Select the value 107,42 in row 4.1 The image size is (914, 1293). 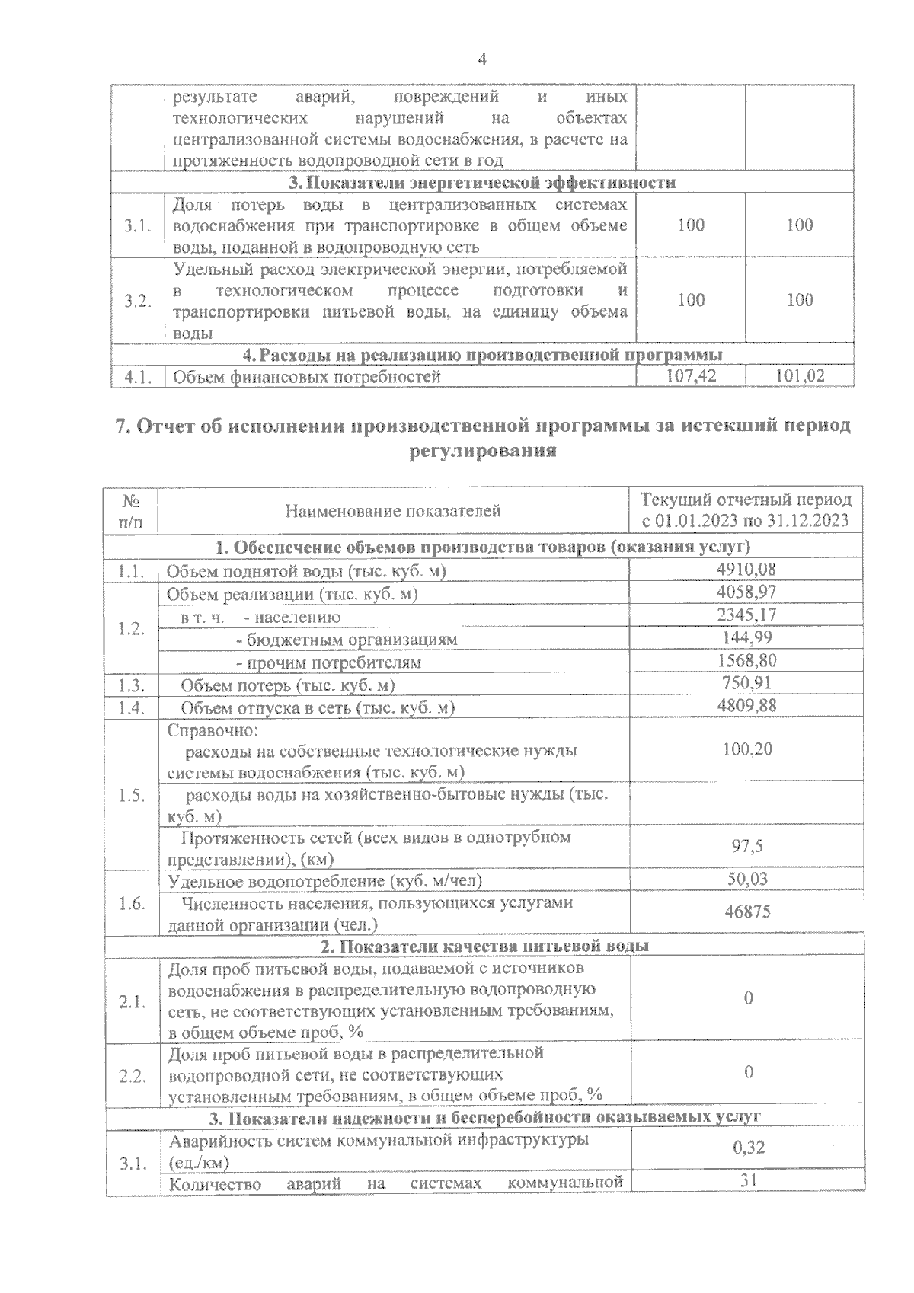691,375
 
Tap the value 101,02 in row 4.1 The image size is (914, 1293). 800,375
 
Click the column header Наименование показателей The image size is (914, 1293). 393,511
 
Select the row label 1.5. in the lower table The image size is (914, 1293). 132,796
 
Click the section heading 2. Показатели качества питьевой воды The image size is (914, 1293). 484,946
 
